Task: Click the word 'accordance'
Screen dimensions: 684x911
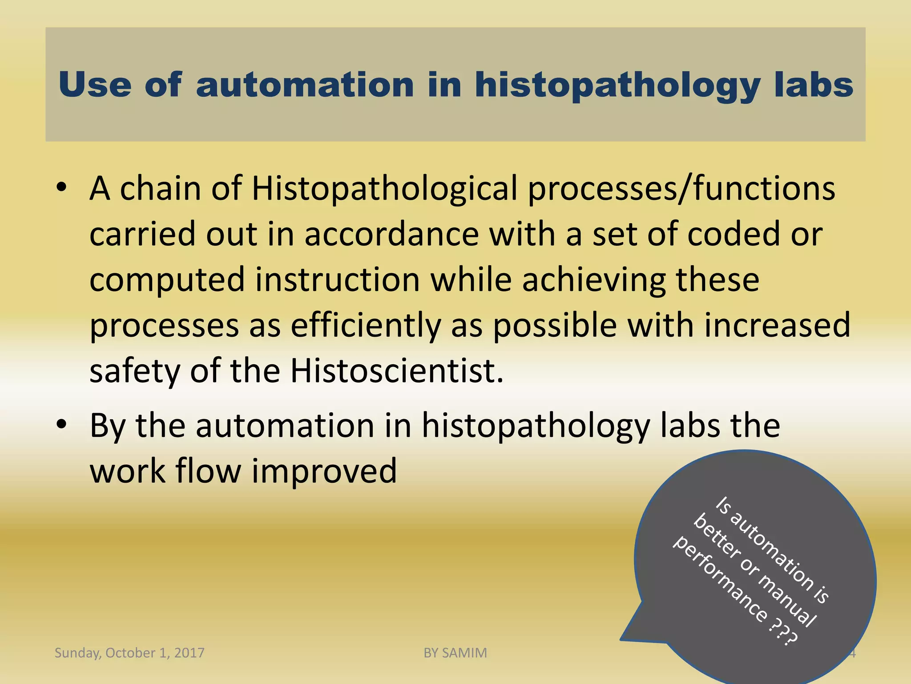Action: click(391, 234)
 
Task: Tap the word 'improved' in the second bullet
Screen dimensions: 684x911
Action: click(324, 471)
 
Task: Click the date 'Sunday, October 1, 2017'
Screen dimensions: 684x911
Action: click(129, 653)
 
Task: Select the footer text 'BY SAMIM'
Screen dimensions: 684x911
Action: click(455, 653)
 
